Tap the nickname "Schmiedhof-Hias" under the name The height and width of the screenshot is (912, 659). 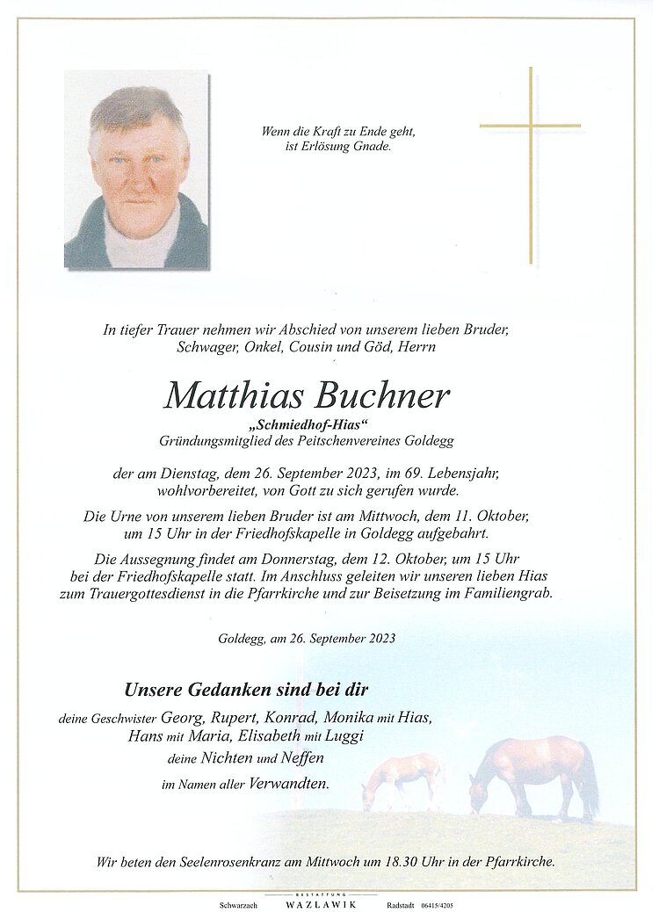307,425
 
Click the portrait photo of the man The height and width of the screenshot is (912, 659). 136,170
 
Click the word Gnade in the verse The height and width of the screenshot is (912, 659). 373,147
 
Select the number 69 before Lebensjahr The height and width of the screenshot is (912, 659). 415,474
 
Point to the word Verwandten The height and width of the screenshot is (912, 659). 290,784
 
